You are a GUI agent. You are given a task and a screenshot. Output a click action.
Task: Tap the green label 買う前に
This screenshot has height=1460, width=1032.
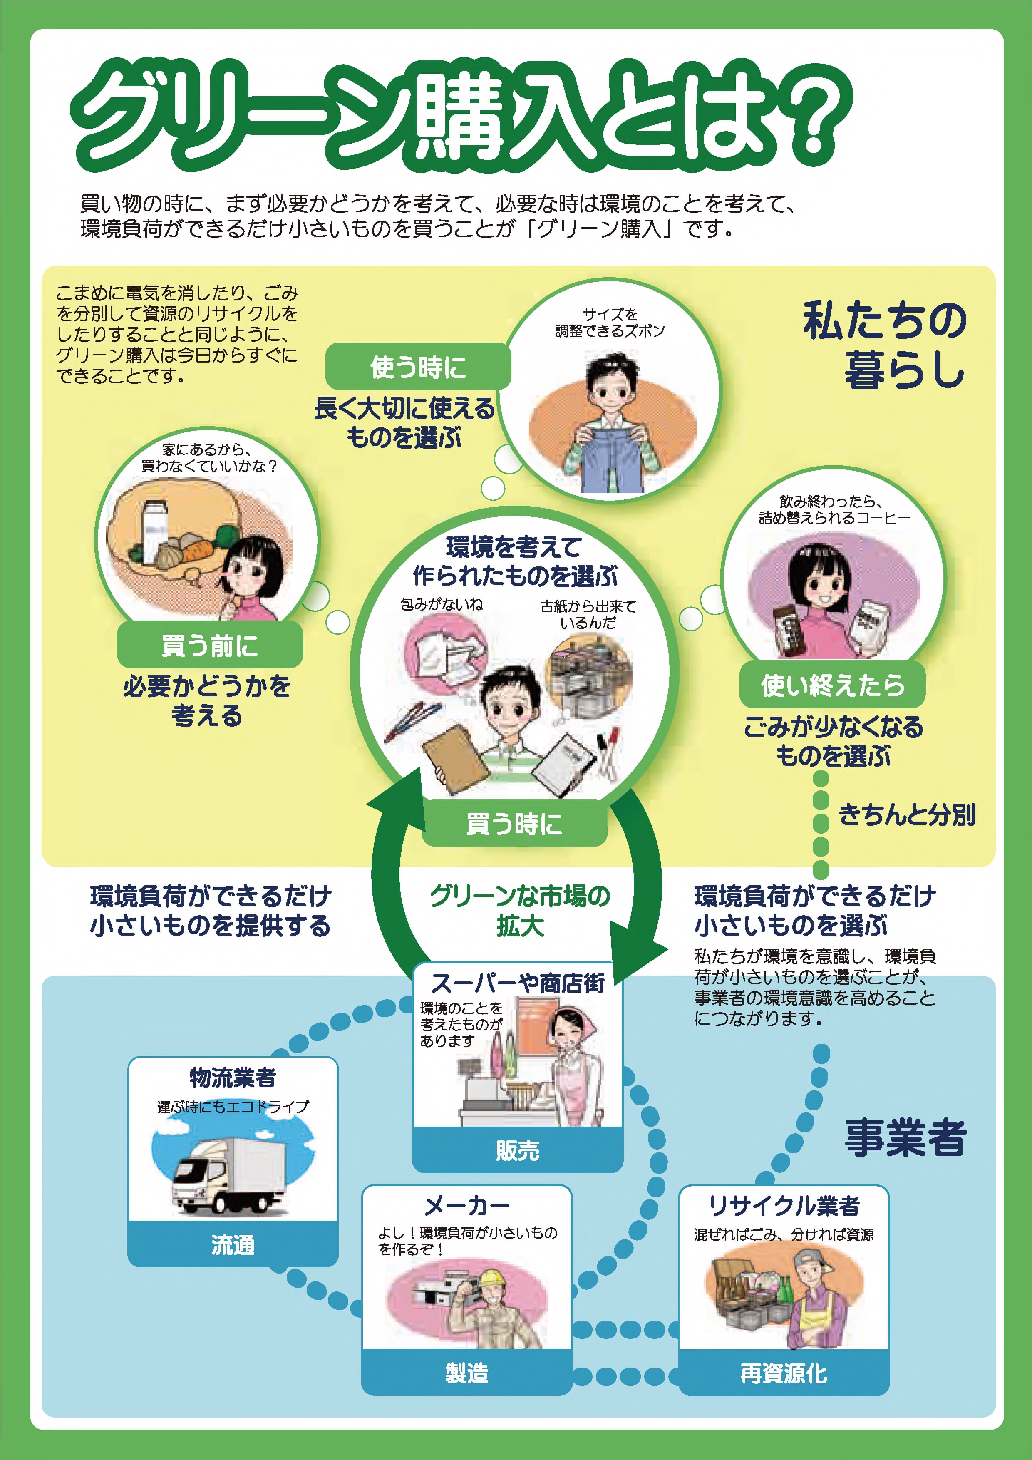(210, 646)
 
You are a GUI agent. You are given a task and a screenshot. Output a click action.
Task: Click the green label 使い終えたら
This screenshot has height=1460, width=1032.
(832, 685)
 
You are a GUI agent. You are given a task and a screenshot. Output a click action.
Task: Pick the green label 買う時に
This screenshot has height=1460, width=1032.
(514, 824)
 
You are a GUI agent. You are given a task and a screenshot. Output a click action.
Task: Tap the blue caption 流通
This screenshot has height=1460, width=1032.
(233, 1244)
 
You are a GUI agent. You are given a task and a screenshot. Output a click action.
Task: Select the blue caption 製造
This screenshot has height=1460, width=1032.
(467, 1373)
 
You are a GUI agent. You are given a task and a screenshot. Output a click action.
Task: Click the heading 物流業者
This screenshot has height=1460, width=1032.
(233, 1077)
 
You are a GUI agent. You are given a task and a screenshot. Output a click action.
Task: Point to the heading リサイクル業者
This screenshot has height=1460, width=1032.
(784, 1206)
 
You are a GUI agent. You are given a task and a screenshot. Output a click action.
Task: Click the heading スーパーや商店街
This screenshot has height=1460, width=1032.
(518, 983)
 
